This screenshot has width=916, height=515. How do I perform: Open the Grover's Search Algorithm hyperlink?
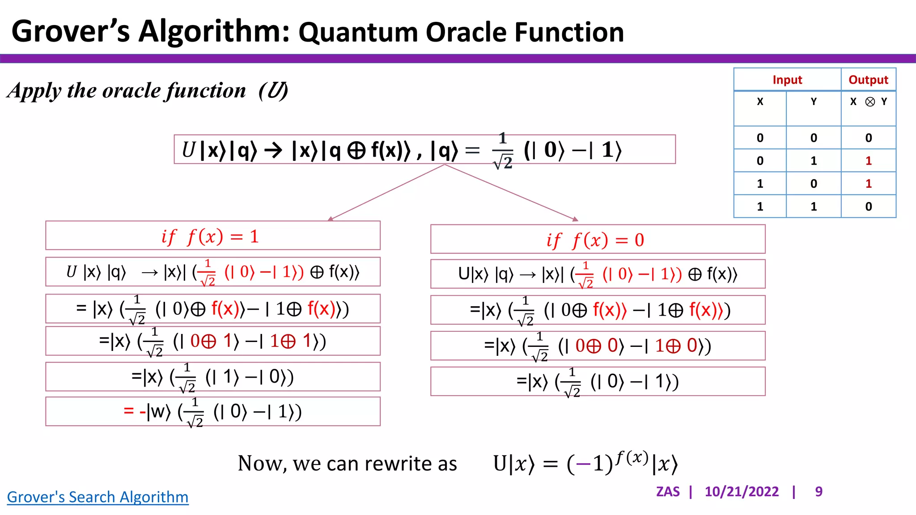pos(98,497)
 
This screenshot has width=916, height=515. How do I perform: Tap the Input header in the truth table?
pos(787,80)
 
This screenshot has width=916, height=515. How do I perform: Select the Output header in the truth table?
pos(868,80)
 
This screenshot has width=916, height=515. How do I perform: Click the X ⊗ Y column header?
pos(868,102)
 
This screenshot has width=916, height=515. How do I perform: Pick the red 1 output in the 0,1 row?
pos(868,161)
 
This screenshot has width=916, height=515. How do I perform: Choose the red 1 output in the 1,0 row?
pos(868,184)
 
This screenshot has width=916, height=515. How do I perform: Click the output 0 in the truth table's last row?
pos(868,207)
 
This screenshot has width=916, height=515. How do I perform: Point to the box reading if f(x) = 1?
pos(212,236)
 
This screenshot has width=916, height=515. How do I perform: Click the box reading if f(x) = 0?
pos(598,240)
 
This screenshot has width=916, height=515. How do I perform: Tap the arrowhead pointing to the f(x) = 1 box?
pos(331,219)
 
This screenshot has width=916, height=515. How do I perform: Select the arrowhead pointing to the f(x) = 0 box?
pos(575,219)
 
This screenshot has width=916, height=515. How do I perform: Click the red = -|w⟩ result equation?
pos(212,412)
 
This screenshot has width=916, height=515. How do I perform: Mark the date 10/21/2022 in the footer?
pos(742,492)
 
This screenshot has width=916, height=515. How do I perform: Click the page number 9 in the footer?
pos(818,492)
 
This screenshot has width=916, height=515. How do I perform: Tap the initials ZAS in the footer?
pos(667,492)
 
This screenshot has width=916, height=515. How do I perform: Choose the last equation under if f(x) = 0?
pos(598,382)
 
